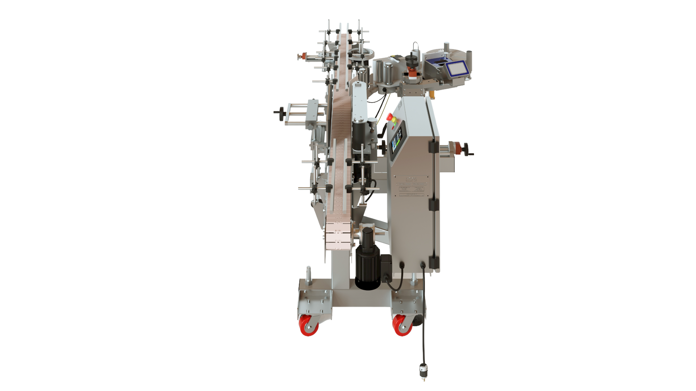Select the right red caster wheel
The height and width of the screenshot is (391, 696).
click(402, 326)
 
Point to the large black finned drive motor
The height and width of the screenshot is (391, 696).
click(367, 268)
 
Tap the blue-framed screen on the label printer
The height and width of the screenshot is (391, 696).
click(457, 69)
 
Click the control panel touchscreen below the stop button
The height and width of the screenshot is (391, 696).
click(397, 141)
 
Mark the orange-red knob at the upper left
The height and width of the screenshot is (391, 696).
click(303, 56)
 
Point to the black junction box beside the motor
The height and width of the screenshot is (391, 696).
click(386, 268)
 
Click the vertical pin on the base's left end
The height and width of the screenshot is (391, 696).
click(309, 276)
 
